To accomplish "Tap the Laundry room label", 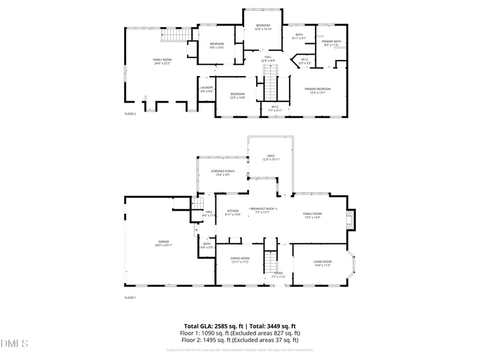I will coord(207,88).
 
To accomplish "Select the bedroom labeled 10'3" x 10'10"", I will coord(263,25).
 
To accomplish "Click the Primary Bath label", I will coord(331,41).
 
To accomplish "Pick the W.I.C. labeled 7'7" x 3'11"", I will coord(275,109).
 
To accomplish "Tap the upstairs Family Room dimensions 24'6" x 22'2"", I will coord(161,63).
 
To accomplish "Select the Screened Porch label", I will coord(223,171).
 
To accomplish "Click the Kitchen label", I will coord(233,211).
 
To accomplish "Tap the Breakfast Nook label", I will coord(262,208).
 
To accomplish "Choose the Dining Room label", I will coord(240,258).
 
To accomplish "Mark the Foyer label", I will coord(278,272).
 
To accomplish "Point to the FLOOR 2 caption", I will coord(130,113).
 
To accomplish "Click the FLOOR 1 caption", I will coord(130,298).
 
